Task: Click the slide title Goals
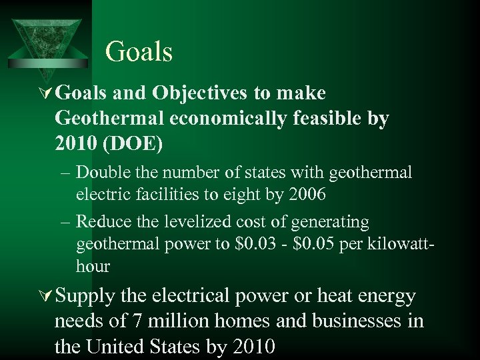pyautogui.click(x=139, y=52)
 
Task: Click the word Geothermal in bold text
pyautogui.click(x=109, y=118)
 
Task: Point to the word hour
pyautogui.click(x=93, y=266)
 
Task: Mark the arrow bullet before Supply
pyautogui.click(x=46, y=296)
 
